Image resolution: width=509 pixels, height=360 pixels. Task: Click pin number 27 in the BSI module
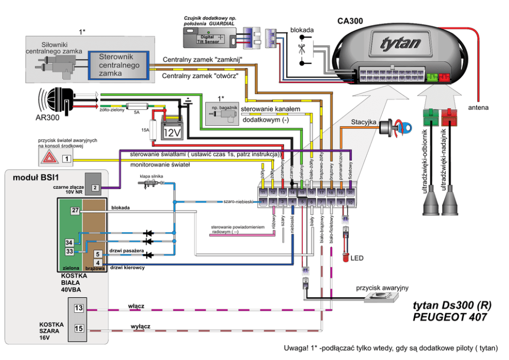pos(75,211)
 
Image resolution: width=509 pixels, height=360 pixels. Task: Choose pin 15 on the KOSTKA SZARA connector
pos(79,328)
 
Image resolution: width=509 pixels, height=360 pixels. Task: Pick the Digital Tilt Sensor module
pos(210,37)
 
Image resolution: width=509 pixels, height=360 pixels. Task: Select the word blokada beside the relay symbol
pos(302,30)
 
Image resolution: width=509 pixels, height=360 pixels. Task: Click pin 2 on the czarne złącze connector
pos(95,187)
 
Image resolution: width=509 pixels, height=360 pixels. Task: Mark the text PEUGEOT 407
pos(449,317)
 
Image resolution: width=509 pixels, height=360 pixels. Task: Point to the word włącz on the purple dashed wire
pos(136,306)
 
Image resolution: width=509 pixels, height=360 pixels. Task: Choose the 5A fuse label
pos(137,111)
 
